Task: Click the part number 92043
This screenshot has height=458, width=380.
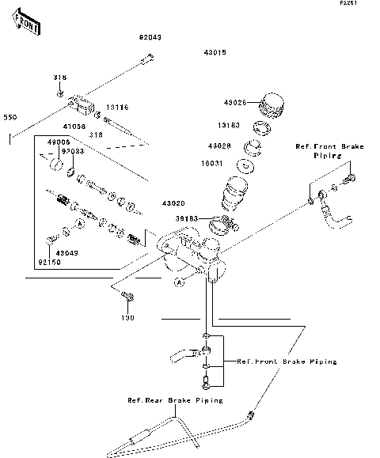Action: pos(150,37)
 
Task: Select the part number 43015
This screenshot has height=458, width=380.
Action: pos(215,52)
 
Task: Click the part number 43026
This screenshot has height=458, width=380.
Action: pos(234,103)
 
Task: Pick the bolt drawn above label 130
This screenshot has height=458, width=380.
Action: pos(127,298)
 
